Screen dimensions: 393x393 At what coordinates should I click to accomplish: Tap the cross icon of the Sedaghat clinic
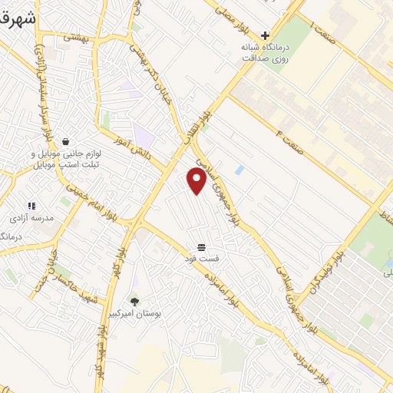265,35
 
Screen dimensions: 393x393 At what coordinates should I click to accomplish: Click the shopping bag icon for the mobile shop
65,141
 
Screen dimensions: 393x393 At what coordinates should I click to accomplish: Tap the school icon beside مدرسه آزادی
31,206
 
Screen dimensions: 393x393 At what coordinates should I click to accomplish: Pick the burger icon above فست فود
201,246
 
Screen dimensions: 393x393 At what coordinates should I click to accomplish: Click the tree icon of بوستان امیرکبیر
134,302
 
